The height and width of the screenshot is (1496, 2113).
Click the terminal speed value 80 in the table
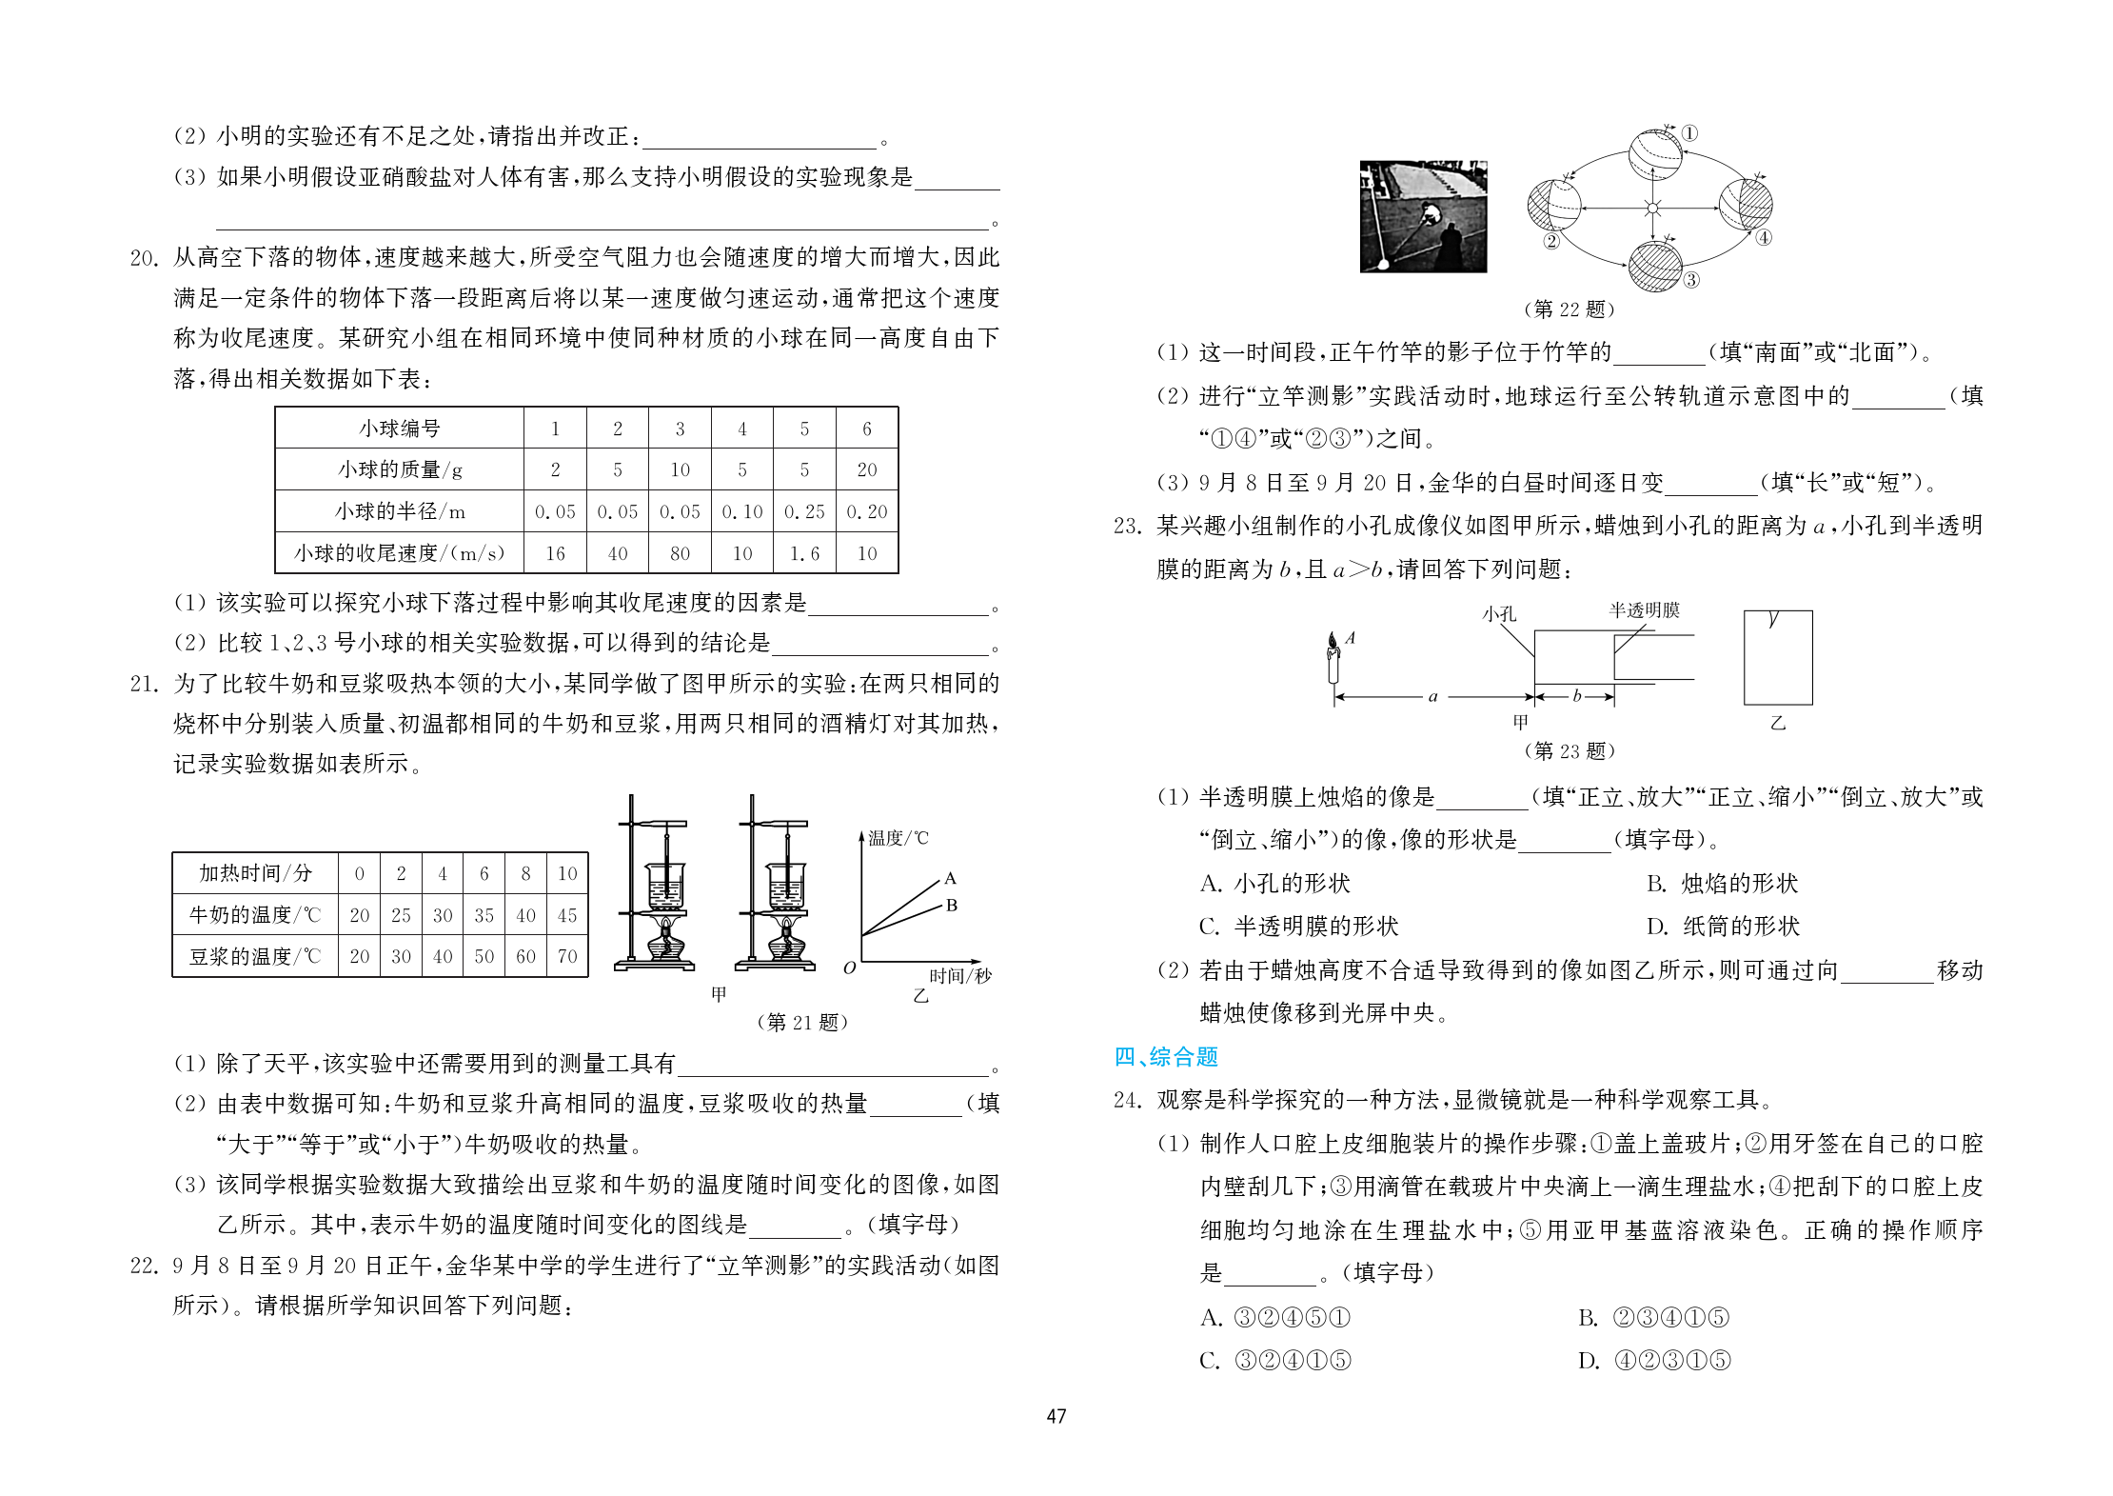(680, 553)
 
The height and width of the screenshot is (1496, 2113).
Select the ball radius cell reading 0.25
(804, 511)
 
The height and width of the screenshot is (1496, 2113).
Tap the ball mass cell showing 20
(866, 469)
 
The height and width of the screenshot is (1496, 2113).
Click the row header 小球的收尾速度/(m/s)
(399, 553)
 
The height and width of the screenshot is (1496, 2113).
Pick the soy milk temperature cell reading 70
(567, 956)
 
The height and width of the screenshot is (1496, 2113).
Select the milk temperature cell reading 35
(484, 915)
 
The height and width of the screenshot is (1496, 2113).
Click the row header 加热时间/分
(255, 873)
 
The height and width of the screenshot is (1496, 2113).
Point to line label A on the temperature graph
(950, 878)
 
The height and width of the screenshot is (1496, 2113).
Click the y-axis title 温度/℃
(898, 838)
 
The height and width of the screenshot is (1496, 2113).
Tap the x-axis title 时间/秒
(959, 976)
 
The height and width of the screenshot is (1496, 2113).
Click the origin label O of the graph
(850, 968)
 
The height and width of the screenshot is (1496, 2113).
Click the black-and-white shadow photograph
(1423, 217)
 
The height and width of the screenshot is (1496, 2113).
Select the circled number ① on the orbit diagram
(1689, 133)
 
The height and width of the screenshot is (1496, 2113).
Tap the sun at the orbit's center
(1652, 208)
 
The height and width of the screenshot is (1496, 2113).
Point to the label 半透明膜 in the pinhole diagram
(1644, 610)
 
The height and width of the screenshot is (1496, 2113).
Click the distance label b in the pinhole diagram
(1576, 696)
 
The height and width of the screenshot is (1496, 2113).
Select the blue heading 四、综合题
(1166, 1057)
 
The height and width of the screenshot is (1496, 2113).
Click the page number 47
(1056, 1416)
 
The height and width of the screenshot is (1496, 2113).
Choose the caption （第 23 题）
(1570, 750)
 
